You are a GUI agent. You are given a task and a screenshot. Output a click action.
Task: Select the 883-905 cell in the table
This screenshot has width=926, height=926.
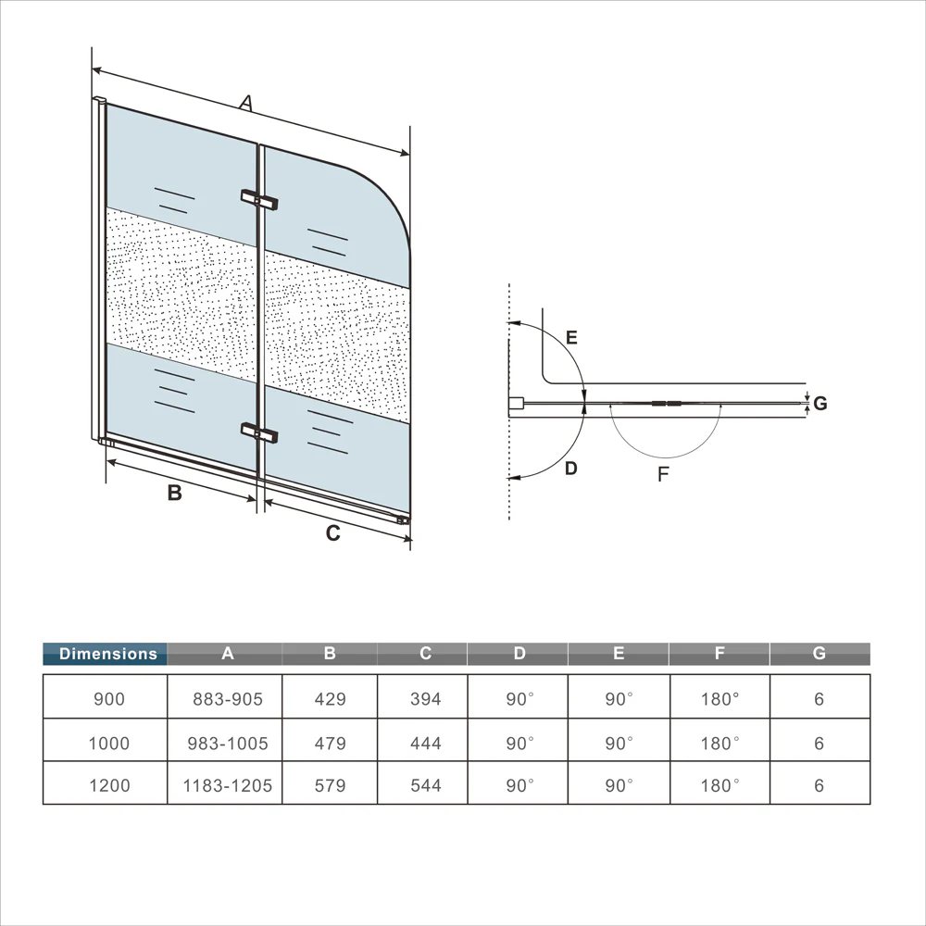(x=228, y=699)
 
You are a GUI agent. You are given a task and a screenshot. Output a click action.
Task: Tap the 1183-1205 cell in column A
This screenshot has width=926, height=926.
(x=228, y=785)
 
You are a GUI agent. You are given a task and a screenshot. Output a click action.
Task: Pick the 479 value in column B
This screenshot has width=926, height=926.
(x=331, y=743)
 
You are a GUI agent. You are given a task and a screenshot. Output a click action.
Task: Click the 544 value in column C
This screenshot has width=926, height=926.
(x=426, y=785)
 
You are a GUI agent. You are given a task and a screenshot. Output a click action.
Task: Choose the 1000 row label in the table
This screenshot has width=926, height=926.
(x=108, y=743)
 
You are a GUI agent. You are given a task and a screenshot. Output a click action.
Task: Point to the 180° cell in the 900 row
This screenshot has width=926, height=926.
(x=720, y=699)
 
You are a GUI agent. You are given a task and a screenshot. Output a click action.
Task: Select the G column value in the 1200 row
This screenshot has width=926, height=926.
(x=820, y=785)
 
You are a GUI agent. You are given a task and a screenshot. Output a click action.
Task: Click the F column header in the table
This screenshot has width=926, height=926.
(x=720, y=653)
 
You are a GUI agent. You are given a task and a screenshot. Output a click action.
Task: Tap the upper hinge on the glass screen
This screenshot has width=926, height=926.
(x=259, y=199)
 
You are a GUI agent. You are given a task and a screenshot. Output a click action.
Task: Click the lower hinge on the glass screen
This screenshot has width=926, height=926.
(x=259, y=432)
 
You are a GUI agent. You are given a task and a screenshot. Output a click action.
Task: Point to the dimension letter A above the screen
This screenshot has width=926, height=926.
(x=245, y=103)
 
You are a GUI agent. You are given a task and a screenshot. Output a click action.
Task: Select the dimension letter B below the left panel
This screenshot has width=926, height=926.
(x=174, y=493)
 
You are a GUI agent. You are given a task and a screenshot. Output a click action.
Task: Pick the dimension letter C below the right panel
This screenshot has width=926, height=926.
(x=333, y=533)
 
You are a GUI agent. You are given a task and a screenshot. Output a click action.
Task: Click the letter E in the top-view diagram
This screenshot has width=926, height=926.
(x=571, y=337)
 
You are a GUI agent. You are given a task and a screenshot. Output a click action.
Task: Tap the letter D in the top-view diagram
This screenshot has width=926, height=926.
(x=570, y=469)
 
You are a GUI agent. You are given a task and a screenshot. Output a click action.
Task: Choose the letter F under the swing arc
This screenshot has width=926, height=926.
(x=663, y=473)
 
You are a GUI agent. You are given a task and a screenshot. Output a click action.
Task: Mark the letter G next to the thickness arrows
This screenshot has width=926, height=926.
(x=820, y=404)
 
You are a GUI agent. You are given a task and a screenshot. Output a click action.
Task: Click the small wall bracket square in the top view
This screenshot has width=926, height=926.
(x=516, y=404)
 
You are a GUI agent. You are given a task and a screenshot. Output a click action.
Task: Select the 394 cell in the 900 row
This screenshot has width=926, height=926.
(x=426, y=699)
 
